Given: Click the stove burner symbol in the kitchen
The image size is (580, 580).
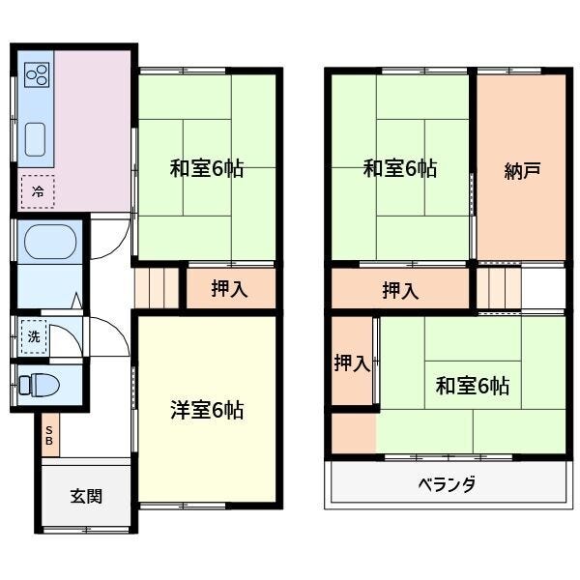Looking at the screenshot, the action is pos(37,74).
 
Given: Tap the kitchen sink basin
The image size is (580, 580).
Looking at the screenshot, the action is pos(35,139).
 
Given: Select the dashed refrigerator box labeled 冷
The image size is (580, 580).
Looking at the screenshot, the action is pos(38,191).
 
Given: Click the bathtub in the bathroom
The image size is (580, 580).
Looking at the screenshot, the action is pos(50,242).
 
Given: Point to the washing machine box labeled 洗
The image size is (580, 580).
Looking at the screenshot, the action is pos(34,336).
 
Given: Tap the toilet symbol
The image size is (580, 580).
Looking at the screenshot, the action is pos(40,385).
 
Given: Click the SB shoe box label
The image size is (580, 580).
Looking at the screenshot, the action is pos(49,435).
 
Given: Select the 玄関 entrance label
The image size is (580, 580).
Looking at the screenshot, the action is pos(86,496).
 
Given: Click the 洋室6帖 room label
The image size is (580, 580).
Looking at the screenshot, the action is pos(207,410).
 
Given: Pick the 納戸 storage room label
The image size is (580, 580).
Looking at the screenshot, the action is pos(522,170).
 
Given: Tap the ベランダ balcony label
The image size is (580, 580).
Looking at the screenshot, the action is pos(447,484).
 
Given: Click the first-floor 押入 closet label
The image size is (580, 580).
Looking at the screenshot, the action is pos(229,288).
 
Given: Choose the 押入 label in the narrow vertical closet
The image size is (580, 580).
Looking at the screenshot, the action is pos(352,362).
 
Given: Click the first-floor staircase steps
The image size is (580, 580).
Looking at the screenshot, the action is pos(157,288).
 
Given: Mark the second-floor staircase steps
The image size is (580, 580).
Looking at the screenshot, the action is pos(499,288).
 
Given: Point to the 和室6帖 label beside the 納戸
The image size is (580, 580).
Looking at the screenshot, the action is pos(400,168).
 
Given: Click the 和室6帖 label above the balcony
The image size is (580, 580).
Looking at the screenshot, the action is pos(473,386).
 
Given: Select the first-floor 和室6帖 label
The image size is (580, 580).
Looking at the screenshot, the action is pos(207,168).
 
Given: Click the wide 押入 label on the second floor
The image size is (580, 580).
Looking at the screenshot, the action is pos(400,290).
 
